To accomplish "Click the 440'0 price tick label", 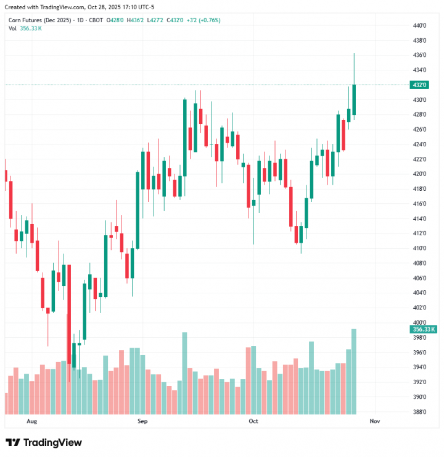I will pyautogui.click(x=419, y=25).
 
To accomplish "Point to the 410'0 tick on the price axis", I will pyautogui.click(x=419, y=248).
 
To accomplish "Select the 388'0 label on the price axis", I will pyautogui.click(x=419, y=412).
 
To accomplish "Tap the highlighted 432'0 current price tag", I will pyautogui.click(x=420, y=85).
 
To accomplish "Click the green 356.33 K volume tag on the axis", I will pyautogui.click(x=424, y=330).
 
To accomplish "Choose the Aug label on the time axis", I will pyautogui.click(x=33, y=421).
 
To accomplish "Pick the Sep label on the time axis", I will pyautogui.click(x=142, y=421).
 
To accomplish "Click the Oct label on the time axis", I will pyautogui.click(x=252, y=421).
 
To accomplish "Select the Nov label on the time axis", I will pyautogui.click(x=374, y=421).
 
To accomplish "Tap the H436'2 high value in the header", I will pyautogui.click(x=136, y=20).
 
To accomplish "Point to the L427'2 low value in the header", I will pyautogui.click(x=156, y=20).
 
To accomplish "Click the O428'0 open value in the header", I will pyautogui.click(x=115, y=20).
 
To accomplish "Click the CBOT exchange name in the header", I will pyautogui.click(x=96, y=20).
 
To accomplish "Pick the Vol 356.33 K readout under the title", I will pyautogui.click(x=25, y=28).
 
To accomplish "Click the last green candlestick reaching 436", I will pyautogui.click(x=354, y=99).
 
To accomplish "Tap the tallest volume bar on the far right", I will pyautogui.click(x=354, y=371).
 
